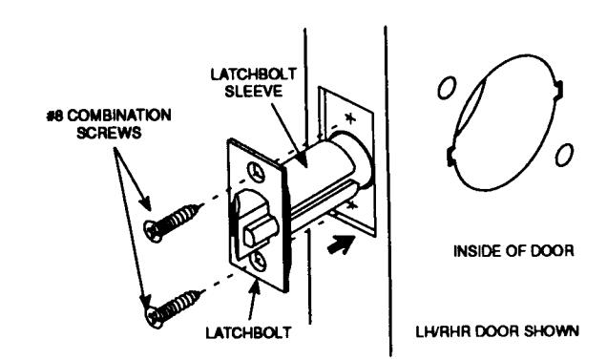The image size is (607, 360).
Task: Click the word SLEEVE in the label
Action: pos(254,92)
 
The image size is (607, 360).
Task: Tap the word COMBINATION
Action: pos(119,116)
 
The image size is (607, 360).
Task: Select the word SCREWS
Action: pos(109,133)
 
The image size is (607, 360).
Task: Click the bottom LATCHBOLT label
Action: pos(248,332)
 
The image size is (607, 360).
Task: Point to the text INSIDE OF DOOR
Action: pos(513,251)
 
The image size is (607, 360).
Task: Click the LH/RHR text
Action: pos(443,331)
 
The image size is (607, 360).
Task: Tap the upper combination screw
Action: pos(173,222)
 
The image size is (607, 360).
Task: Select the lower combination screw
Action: pos(174,308)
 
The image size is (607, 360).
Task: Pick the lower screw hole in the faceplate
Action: pos(259,261)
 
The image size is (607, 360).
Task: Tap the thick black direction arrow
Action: pos(341,244)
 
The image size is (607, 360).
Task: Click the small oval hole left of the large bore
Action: pos(447,88)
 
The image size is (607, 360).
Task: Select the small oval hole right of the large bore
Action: pos(564,155)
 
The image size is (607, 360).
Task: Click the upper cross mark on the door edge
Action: pos(350,117)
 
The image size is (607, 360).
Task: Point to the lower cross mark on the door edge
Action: pos(350,205)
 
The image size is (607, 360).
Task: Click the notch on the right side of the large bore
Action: pos(558,89)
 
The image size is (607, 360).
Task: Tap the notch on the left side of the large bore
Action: pos(451,157)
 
